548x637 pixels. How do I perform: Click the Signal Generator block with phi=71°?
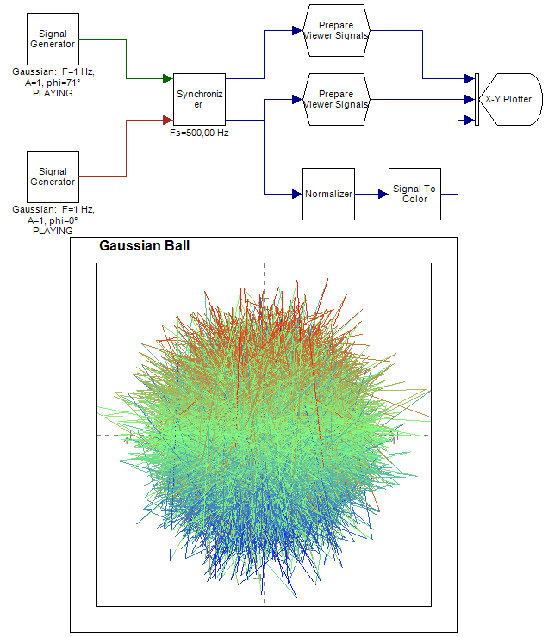click(53, 39)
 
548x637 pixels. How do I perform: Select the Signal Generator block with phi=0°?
click(53, 176)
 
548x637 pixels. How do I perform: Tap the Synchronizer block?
click(199, 99)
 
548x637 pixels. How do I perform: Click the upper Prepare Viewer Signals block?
click(336, 30)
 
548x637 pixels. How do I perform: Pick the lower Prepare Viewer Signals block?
click(336, 99)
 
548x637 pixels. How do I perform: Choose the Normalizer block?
click(328, 194)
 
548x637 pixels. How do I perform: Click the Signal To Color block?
click(414, 194)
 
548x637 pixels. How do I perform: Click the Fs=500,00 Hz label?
click(198, 133)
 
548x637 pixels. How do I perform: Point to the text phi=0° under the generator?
click(62, 220)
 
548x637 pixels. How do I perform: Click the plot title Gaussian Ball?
click(145, 246)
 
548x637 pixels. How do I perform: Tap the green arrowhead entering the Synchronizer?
click(167, 79)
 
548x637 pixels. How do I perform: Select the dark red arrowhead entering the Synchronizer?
click(167, 120)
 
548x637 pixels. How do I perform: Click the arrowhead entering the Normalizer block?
click(296, 194)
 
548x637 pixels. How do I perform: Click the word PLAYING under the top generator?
click(53, 94)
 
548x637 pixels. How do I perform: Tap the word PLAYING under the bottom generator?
click(53, 231)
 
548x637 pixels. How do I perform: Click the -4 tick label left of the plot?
click(127, 441)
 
